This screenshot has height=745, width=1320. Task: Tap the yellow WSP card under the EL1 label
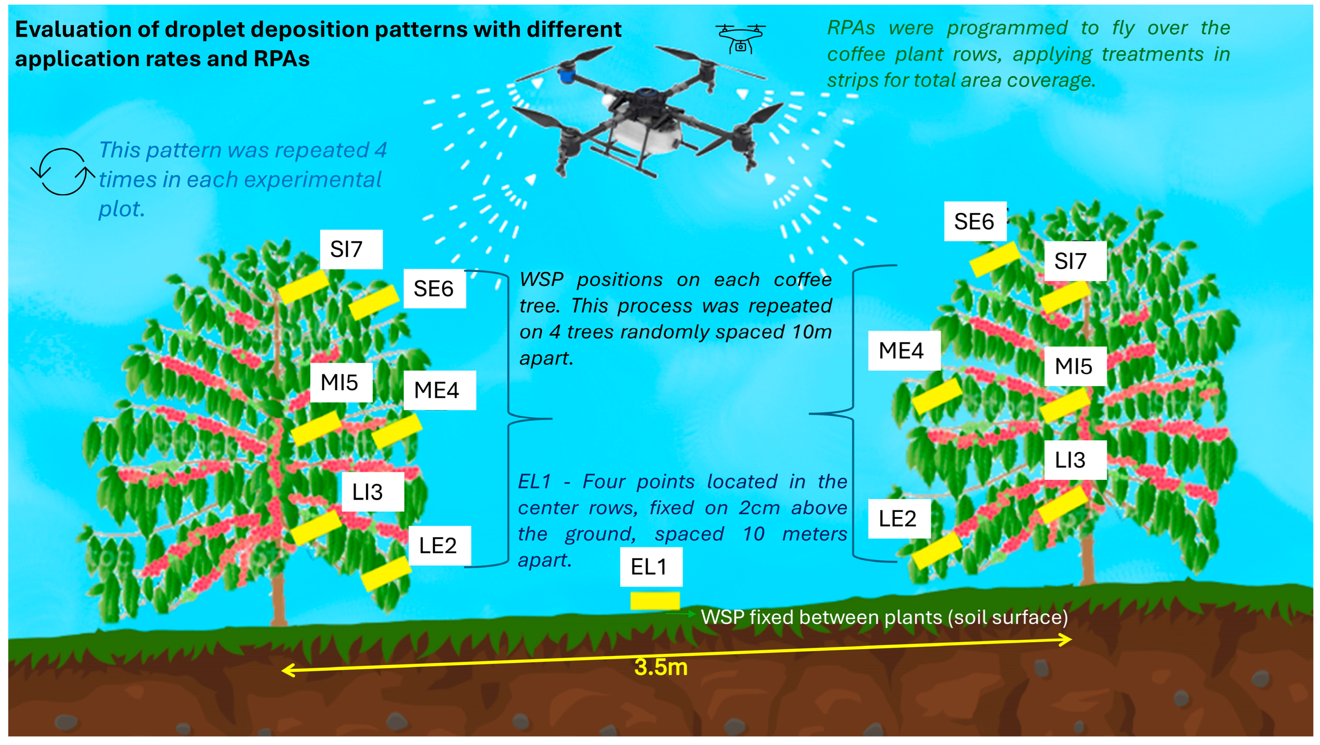[x=655, y=600]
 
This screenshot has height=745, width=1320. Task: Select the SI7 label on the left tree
[x=351, y=250]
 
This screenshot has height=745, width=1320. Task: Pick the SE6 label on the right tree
[x=975, y=222]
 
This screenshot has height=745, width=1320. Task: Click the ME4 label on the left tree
[x=439, y=390]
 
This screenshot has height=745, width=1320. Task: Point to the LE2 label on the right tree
[x=898, y=519]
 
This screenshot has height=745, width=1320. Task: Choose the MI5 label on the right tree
[x=1075, y=366]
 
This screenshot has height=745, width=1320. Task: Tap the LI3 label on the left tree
[x=372, y=492]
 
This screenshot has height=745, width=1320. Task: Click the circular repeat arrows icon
[x=63, y=171]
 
